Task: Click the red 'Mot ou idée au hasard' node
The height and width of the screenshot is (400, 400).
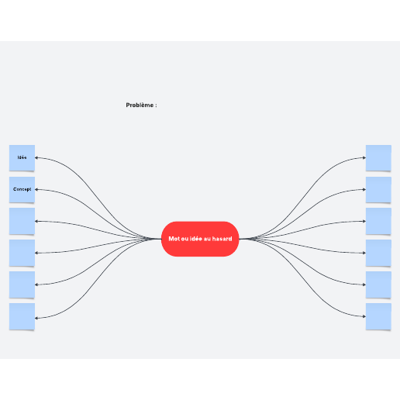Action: point(200,239)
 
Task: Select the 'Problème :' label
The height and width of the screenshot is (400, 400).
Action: point(141,105)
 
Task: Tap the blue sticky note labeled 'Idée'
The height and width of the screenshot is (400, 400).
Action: point(22,158)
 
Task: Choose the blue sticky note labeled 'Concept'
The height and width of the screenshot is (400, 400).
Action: point(22,190)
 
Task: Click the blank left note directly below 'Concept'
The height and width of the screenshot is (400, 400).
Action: point(22,221)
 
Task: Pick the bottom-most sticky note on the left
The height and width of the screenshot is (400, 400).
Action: point(22,316)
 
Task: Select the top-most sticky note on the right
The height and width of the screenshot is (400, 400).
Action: point(378,158)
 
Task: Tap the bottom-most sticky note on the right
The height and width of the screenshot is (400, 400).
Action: point(378,316)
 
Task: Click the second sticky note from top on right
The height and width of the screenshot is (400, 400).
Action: point(378,190)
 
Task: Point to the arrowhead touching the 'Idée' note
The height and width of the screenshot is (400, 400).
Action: point(36,157)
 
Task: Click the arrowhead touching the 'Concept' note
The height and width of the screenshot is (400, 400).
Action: point(36,189)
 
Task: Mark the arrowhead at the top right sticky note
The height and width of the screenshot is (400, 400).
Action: point(364,157)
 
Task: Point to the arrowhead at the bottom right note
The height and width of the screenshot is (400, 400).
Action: point(364,316)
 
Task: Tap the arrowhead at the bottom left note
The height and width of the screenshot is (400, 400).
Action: point(36,318)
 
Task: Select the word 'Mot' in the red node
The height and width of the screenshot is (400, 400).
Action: point(174,239)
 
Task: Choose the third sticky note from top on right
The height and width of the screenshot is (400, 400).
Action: point(378,221)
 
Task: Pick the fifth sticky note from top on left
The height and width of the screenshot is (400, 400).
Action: point(22,284)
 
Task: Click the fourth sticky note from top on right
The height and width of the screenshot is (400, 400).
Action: point(378,253)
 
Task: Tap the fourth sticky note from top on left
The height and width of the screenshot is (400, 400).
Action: point(22,253)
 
